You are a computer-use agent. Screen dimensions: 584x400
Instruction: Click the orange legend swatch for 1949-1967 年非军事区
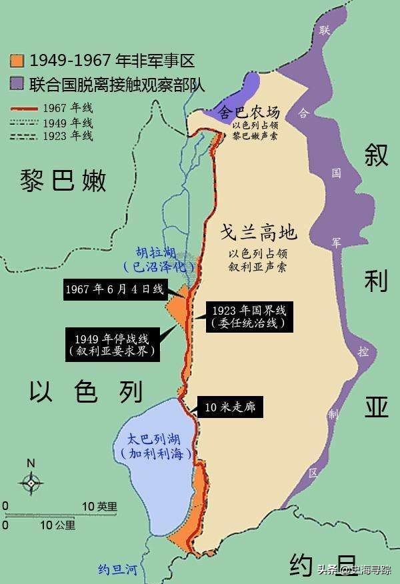point(17,61)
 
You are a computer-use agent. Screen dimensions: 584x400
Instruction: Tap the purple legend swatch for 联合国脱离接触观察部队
point(17,83)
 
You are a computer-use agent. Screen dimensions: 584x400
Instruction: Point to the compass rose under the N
point(31,482)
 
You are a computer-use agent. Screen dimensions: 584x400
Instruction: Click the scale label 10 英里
point(99,506)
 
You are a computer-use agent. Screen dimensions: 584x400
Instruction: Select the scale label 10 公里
point(57,525)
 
